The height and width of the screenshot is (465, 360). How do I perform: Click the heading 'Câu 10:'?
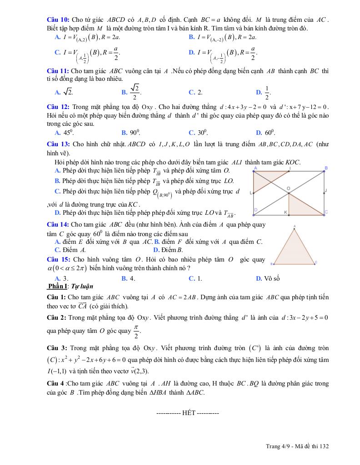click(58, 20)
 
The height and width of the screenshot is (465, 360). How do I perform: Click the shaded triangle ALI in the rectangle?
click(264, 178)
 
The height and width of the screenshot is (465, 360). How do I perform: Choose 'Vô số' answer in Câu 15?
click(271, 278)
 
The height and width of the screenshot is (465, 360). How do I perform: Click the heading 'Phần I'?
click(56, 286)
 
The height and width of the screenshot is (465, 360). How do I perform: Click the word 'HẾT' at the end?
click(188, 413)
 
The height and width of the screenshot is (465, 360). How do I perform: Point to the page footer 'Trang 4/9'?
click(277, 446)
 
